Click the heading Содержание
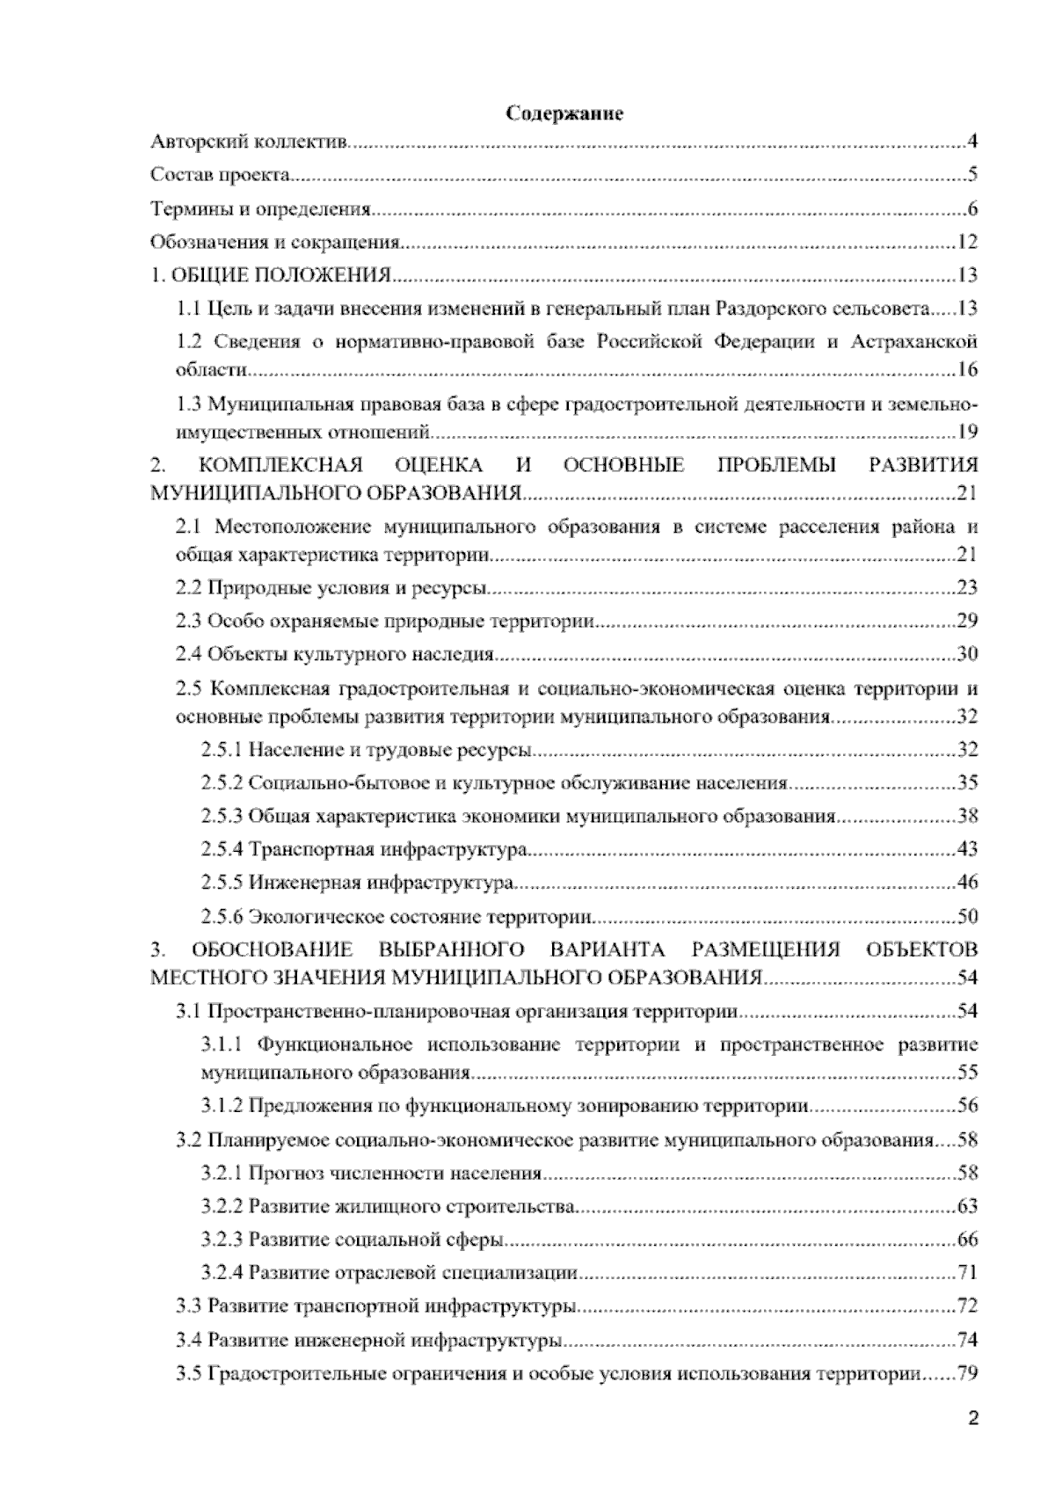[x=564, y=114]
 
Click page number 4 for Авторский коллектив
[x=972, y=142]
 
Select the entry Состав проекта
[x=220, y=175]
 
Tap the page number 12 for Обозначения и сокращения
[x=968, y=243]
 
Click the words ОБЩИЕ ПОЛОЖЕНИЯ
[x=280, y=276]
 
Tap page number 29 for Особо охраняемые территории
[x=967, y=622]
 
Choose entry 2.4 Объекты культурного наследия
[x=335, y=655]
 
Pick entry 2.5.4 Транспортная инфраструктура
[x=364, y=850]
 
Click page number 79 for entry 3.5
[x=967, y=1373]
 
